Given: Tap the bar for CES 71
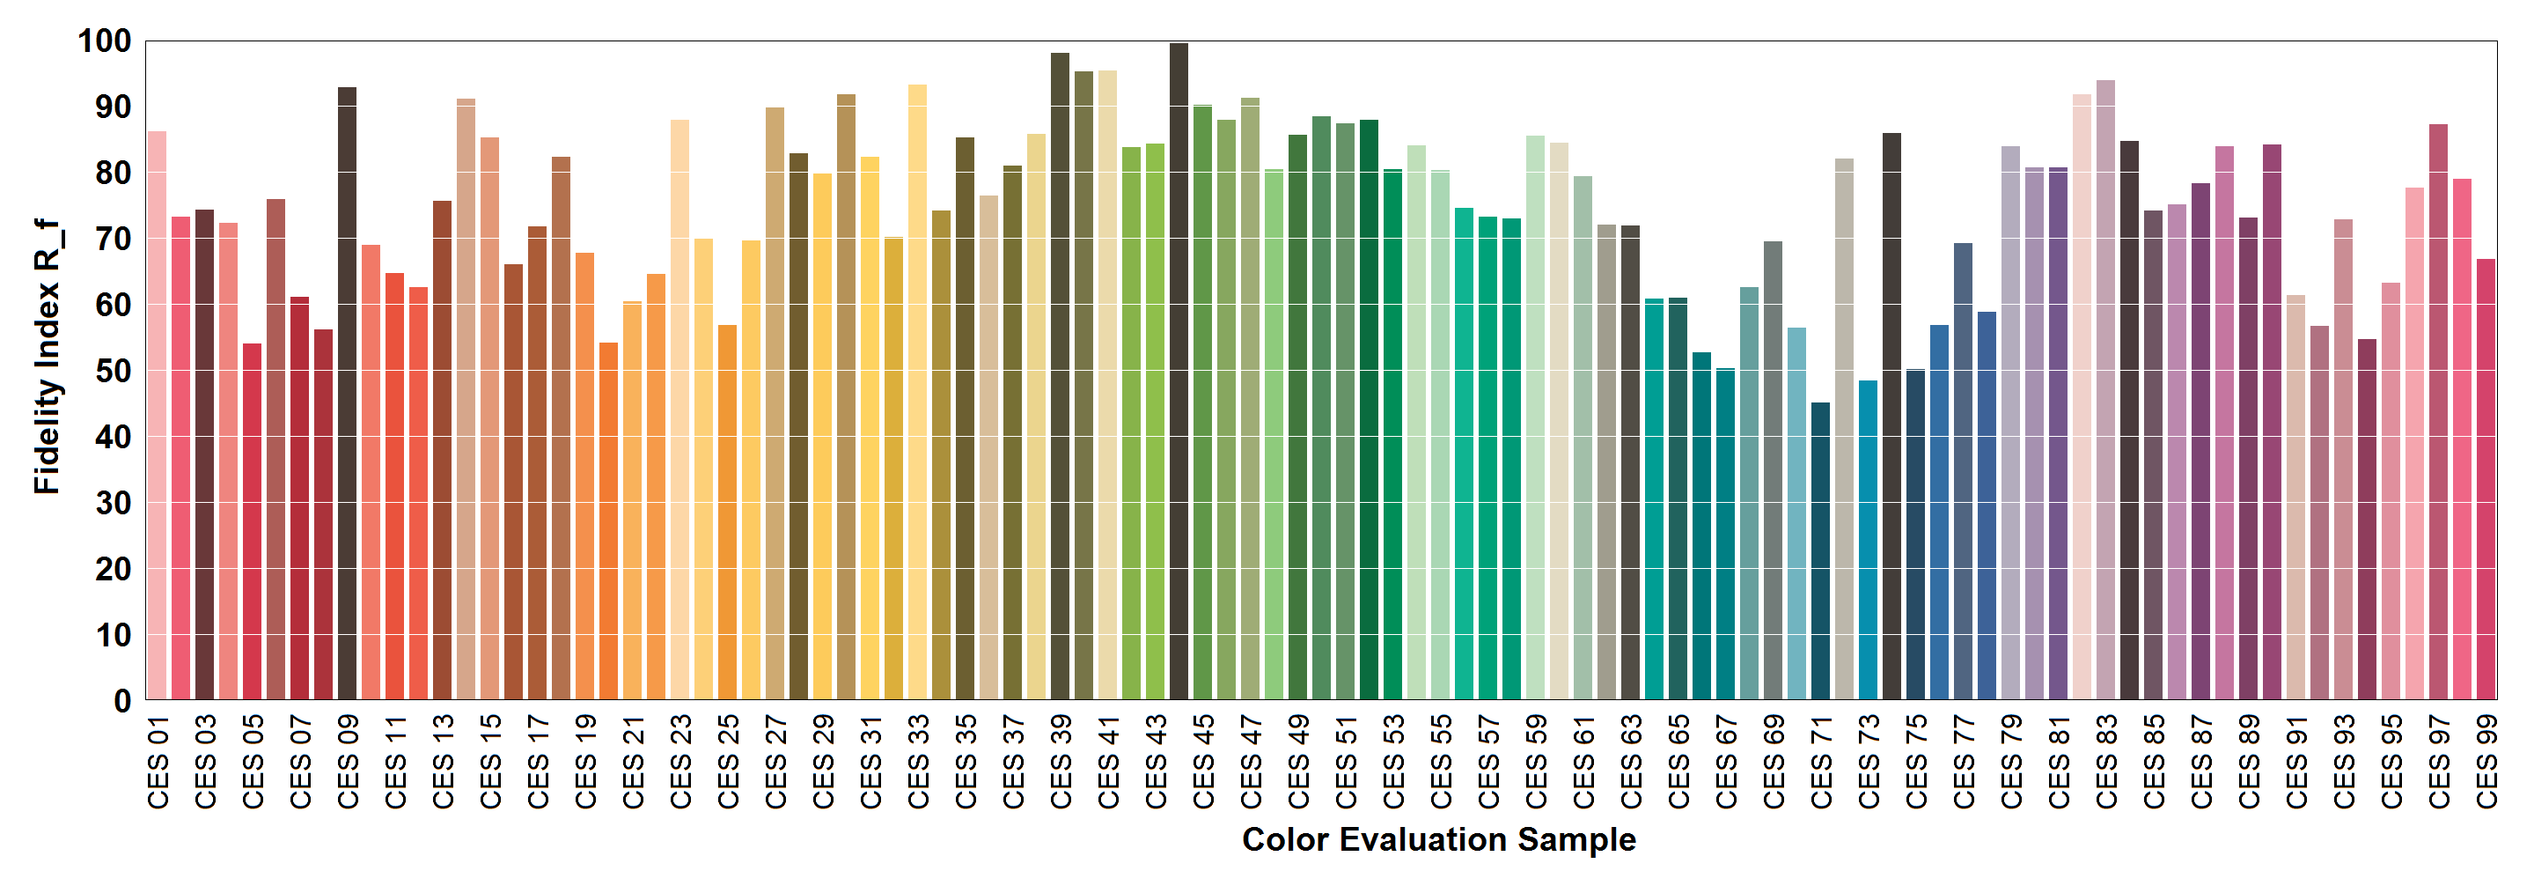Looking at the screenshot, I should (x=1820, y=551).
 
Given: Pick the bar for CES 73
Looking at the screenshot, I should (x=1867, y=541).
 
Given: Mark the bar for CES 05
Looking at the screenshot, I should (x=252, y=521).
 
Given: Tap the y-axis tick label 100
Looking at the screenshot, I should (x=104, y=41).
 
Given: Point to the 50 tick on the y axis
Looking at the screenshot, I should (x=114, y=371).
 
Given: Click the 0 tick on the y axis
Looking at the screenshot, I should (x=122, y=701).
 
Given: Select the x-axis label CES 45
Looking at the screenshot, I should (x=1203, y=762).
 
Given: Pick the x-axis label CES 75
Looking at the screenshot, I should (x=1915, y=762).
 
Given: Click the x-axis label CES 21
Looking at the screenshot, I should (x=633, y=762).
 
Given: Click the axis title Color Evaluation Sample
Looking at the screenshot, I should (x=1438, y=839).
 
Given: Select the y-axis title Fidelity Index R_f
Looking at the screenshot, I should (x=48, y=357).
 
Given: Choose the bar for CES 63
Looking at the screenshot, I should (x=1630, y=462).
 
